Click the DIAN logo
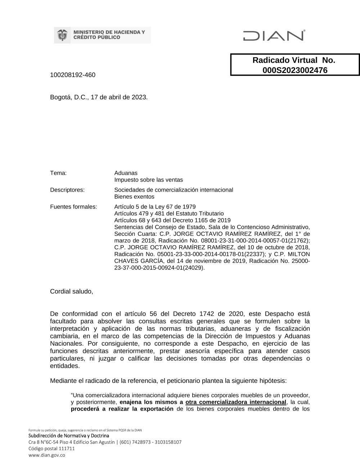(274, 35)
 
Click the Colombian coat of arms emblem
(63, 35)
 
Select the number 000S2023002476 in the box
(295, 70)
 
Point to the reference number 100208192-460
(73, 75)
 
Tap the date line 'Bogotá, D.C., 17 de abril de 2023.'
(99, 97)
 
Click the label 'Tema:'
(58, 173)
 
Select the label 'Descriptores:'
(67, 190)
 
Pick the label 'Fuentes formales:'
(73, 207)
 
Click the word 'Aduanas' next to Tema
(126, 173)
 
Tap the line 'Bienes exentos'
(134, 197)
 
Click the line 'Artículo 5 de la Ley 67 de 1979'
(155, 207)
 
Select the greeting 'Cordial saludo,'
(71, 291)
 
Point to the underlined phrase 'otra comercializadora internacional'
(235, 402)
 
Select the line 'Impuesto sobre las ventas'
(148, 180)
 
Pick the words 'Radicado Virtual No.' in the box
(294, 60)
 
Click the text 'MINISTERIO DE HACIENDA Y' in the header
(109, 32)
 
